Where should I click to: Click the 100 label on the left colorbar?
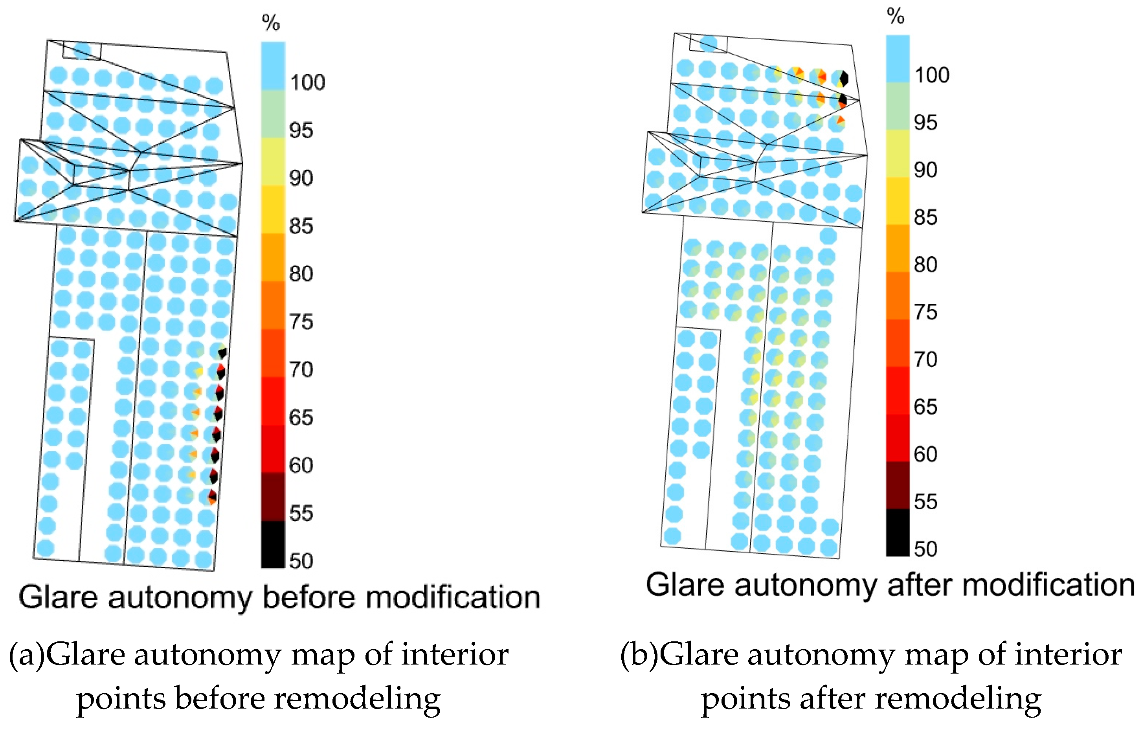(307, 83)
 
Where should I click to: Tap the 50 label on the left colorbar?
(301, 562)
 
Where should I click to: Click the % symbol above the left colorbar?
(271, 22)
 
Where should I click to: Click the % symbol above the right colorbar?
(895, 16)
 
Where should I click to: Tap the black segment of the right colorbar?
(898, 532)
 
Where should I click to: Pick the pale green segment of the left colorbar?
(273, 114)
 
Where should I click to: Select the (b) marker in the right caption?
(639, 655)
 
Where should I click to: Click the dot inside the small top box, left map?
(83, 50)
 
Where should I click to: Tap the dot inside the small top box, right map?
(709, 43)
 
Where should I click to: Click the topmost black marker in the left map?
(222, 353)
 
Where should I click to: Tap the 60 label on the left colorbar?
(301, 466)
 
